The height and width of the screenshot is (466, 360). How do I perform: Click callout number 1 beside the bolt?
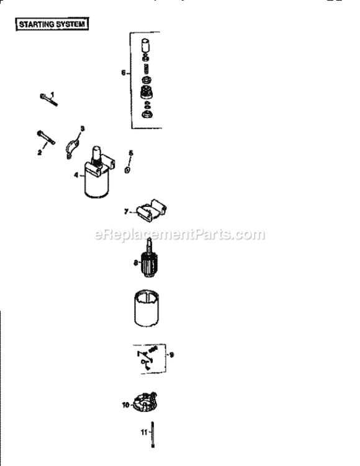(x=53, y=94)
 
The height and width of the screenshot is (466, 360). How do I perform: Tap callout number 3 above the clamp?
(x=82, y=128)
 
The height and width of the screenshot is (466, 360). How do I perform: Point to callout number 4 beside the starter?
(x=76, y=176)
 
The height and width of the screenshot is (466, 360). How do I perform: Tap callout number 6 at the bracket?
(x=124, y=73)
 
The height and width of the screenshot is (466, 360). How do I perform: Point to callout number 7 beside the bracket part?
(x=126, y=212)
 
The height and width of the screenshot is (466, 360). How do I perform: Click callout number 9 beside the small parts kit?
(x=172, y=355)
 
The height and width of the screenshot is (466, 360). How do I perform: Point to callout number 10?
(x=125, y=405)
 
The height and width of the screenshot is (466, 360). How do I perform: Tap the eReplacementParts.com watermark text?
(x=179, y=235)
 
